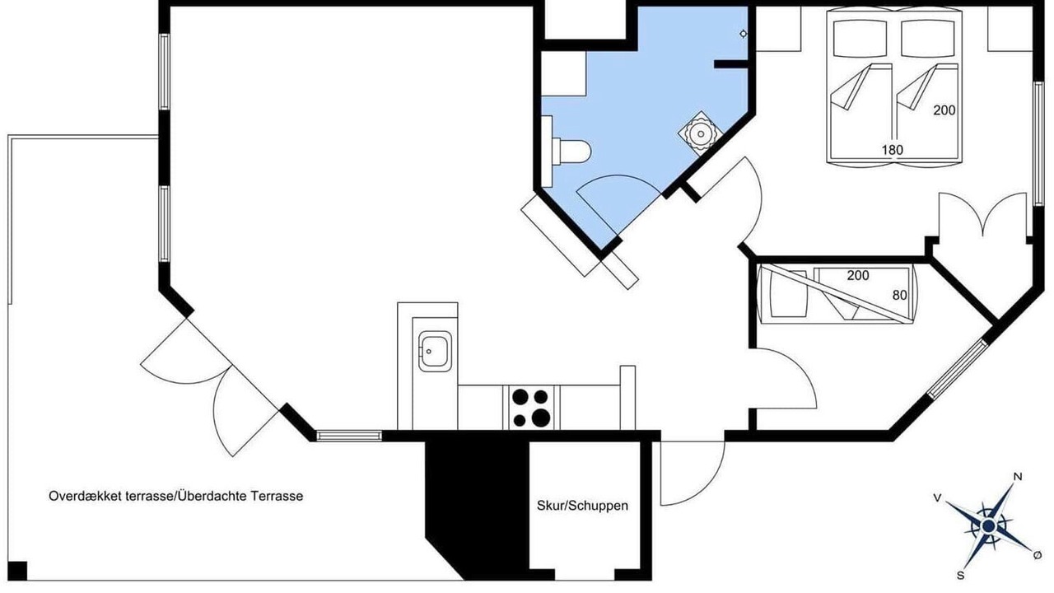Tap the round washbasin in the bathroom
(701, 133)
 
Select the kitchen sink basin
(435, 351)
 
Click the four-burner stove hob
(531, 408)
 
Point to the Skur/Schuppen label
(582, 506)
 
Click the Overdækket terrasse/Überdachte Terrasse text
(176, 496)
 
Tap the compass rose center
(989, 525)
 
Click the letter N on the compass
(1017, 477)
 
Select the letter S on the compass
(960, 576)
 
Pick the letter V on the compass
(937, 498)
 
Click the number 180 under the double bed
(892, 150)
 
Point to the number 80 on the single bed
(900, 295)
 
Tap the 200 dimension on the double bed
(944, 110)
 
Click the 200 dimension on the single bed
(858, 275)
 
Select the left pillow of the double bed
(860, 39)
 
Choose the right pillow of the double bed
(927, 39)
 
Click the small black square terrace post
(17, 571)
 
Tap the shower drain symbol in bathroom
(744, 34)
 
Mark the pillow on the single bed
(788, 294)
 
